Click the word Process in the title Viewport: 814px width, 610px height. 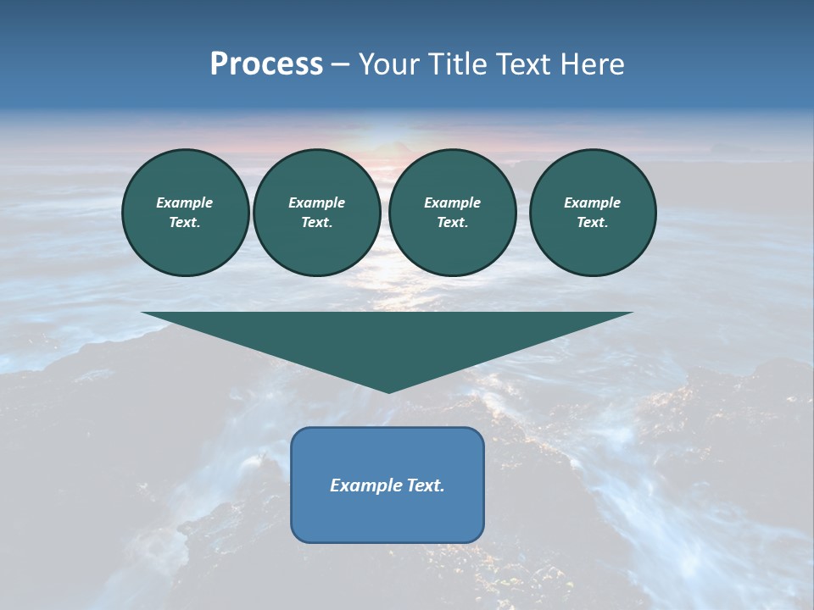click(266, 64)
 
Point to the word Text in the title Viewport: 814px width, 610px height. click(525, 64)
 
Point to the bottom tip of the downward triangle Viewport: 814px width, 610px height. click(388, 391)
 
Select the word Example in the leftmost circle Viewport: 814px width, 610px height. click(185, 202)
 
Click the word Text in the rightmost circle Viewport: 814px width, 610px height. click(592, 222)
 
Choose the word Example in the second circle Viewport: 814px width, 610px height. click(316, 202)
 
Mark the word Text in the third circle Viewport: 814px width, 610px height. click(452, 222)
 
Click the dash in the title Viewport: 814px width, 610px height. click(341, 64)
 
